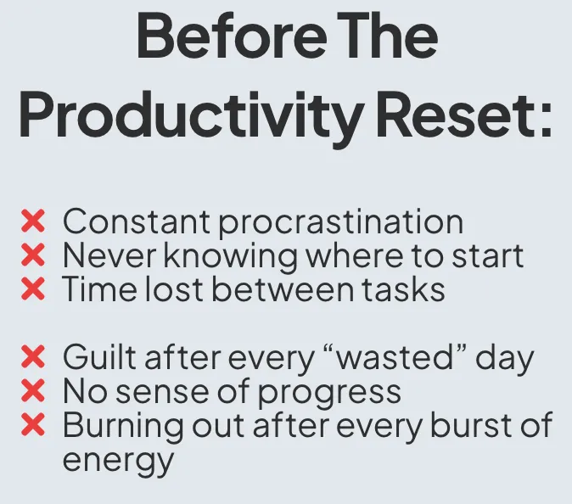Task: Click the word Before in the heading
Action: click(232, 35)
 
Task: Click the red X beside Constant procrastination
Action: click(33, 221)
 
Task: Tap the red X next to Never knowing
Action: click(33, 255)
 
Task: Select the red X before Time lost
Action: click(33, 288)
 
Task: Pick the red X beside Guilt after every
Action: click(33, 356)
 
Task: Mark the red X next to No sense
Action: click(33, 390)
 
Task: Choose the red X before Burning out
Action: click(33, 424)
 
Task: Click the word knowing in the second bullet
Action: click(231, 257)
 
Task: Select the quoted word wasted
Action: click(394, 357)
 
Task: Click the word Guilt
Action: click(101, 356)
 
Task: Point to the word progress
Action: click(330, 394)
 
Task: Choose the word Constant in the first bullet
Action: click(136, 221)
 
